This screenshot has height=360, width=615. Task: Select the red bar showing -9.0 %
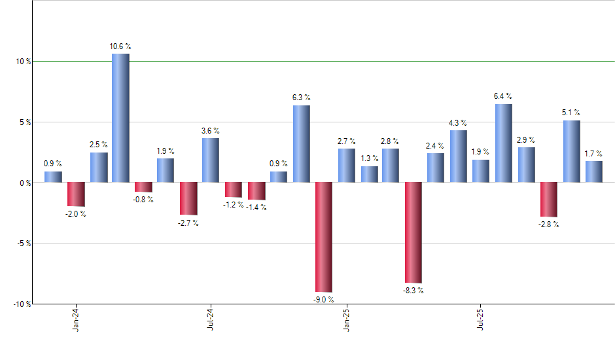coord(324,237)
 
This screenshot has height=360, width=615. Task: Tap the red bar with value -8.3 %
coord(413,232)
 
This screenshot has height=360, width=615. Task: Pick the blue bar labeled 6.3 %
coord(301,144)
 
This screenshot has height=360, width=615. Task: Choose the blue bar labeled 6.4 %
coord(504,143)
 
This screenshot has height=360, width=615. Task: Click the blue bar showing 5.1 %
coord(571,151)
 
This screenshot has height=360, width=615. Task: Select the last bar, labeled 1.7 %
coord(594,172)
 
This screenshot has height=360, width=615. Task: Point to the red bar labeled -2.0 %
coord(76,194)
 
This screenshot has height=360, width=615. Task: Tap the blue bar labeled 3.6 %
coord(211,160)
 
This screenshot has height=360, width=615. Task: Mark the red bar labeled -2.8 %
coord(549,200)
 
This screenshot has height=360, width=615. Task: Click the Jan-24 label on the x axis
coord(76,319)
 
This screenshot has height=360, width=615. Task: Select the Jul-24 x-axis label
coord(211,319)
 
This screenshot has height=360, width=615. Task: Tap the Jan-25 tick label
coord(346,319)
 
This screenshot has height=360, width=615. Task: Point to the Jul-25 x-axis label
coord(481,319)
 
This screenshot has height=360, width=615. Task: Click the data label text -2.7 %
coord(188,223)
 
